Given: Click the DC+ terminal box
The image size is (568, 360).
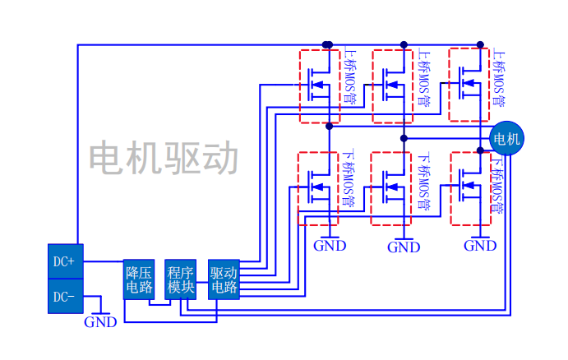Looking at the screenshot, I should click(x=65, y=261).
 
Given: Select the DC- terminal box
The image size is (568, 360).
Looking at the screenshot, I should click(x=65, y=296).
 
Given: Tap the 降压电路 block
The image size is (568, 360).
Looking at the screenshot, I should click(x=139, y=279).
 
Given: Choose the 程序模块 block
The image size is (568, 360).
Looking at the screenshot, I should click(x=180, y=279).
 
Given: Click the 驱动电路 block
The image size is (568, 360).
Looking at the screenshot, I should click(x=224, y=279).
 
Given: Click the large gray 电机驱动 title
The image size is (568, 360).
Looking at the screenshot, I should click(x=164, y=159).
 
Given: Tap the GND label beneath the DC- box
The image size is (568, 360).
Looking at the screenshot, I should click(x=100, y=322).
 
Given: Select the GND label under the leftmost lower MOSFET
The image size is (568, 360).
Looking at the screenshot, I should click(x=330, y=246).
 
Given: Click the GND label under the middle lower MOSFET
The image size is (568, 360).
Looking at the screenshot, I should click(x=404, y=247).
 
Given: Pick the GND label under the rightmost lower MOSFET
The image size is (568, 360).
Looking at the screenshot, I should click(x=480, y=246).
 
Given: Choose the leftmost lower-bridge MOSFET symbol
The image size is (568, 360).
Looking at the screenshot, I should click(x=318, y=188).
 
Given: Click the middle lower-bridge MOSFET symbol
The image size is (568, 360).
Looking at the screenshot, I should click(x=392, y=188).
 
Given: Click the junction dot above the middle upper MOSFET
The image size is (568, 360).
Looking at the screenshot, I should click(x=403, y=44).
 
